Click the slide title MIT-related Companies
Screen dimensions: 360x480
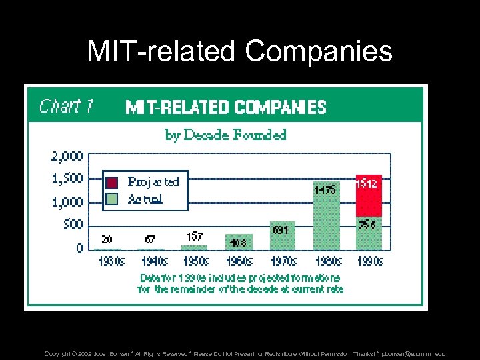coord(239,51)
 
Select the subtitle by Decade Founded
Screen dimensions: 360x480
coord(225,135)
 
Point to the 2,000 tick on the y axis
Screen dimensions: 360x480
coord(67,156)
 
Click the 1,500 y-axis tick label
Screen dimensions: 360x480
coord(67,179)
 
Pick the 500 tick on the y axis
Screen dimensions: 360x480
coord(73,225)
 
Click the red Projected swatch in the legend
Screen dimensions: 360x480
coord(113,181)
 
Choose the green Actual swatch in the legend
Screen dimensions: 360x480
coord(113,198)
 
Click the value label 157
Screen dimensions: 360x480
coord(195,236)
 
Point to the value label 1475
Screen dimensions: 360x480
coord(325,189)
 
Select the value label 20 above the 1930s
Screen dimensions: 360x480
coord(107,239)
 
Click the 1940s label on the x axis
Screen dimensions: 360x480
coord(151,261)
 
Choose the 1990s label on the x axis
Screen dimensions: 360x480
coord(369,261)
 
